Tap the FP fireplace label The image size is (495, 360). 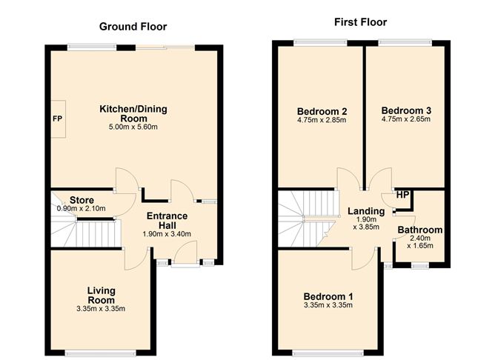click(57, 119)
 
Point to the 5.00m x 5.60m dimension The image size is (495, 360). click(134, 127)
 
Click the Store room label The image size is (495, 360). click(82, 199)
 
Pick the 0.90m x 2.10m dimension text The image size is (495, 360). click(82, 209)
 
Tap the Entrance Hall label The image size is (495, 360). click(167, 221)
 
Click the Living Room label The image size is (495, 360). click(101, 295)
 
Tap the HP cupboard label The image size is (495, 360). click(402, 195)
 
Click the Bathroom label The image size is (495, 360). click(419, 230)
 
